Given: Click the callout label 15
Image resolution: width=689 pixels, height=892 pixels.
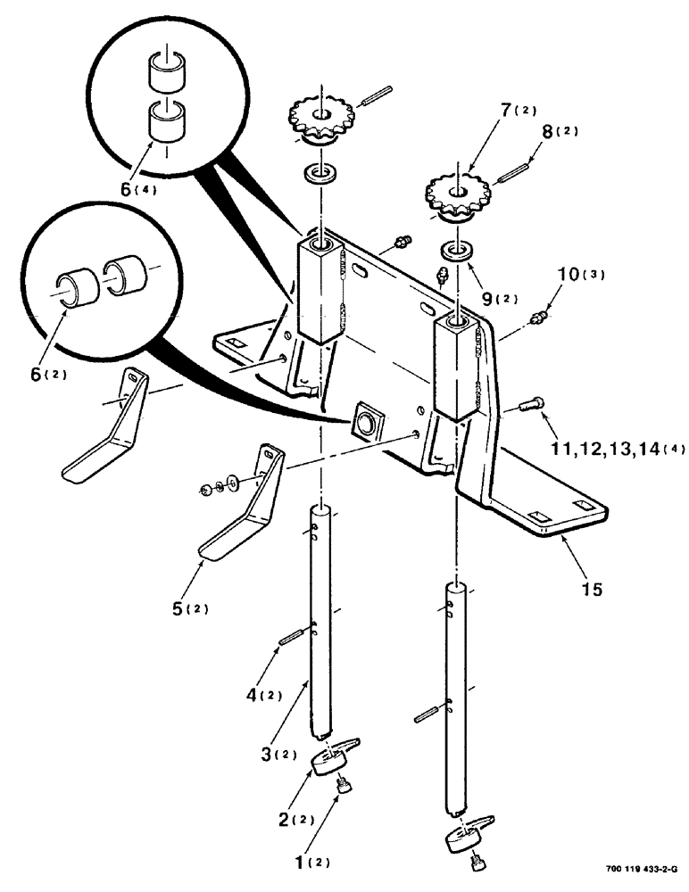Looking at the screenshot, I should point(591,590).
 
